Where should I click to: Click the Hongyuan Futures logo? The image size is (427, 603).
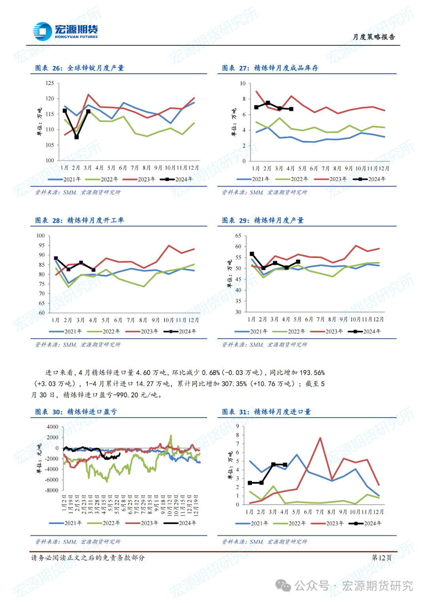tap(65, 32)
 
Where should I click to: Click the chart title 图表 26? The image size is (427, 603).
tap(79, 68)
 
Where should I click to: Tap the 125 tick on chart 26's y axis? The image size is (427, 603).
tap(50, 83)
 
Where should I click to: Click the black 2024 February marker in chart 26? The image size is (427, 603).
tap(77, 137)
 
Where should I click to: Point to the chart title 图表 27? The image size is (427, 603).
tap(270, 68)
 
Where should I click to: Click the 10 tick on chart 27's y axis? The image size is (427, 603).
tap(243, 83)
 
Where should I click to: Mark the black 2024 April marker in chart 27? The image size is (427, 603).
tap(291, 109)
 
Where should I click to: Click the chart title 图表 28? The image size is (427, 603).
tap(79, 220)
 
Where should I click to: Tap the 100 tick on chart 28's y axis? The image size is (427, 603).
tap(41, 236)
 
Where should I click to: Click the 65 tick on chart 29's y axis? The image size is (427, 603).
tap(238, 236)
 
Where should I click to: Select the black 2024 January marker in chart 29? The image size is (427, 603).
tap(252, 254)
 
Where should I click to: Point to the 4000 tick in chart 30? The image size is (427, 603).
tap(53, 427)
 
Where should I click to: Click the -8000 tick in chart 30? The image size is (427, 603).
tap(52, 490)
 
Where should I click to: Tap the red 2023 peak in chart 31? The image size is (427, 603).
tap(320, 438)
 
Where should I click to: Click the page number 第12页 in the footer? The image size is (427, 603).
tap(382, 558)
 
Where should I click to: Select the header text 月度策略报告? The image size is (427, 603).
tap(374, 37)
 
